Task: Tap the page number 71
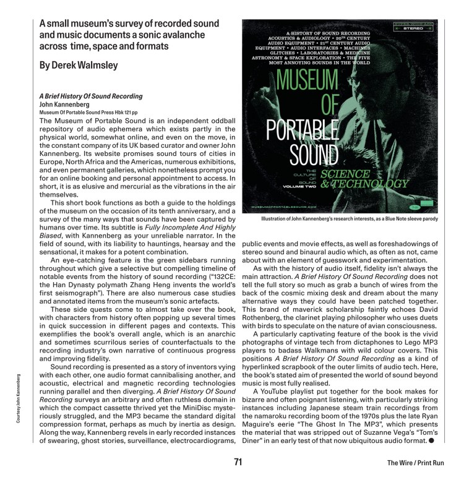point(238,461)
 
